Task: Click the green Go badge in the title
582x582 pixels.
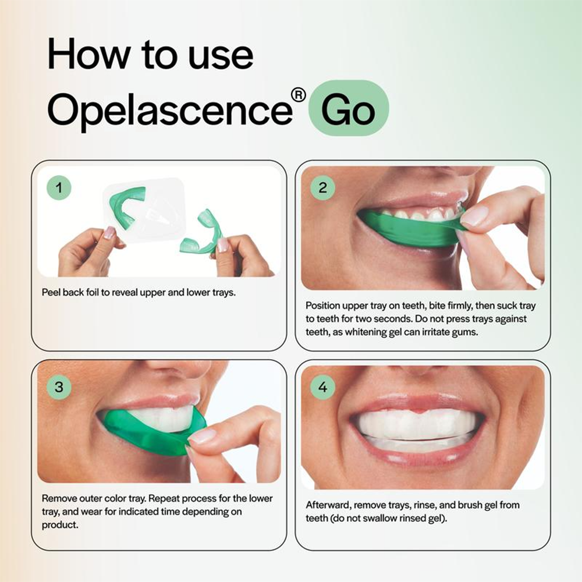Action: click(348, 108)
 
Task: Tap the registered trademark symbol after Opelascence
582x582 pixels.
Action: click(298, 94)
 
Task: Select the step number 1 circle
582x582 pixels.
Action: click(59, 187)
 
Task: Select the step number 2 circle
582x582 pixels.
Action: click(323, 187)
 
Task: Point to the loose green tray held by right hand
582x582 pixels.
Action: click(201, 236)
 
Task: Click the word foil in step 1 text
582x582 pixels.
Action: click(95, 292)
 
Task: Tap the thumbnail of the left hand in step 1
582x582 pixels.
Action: click(109, 233)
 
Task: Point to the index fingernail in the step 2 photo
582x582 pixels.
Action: click(474, 217)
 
